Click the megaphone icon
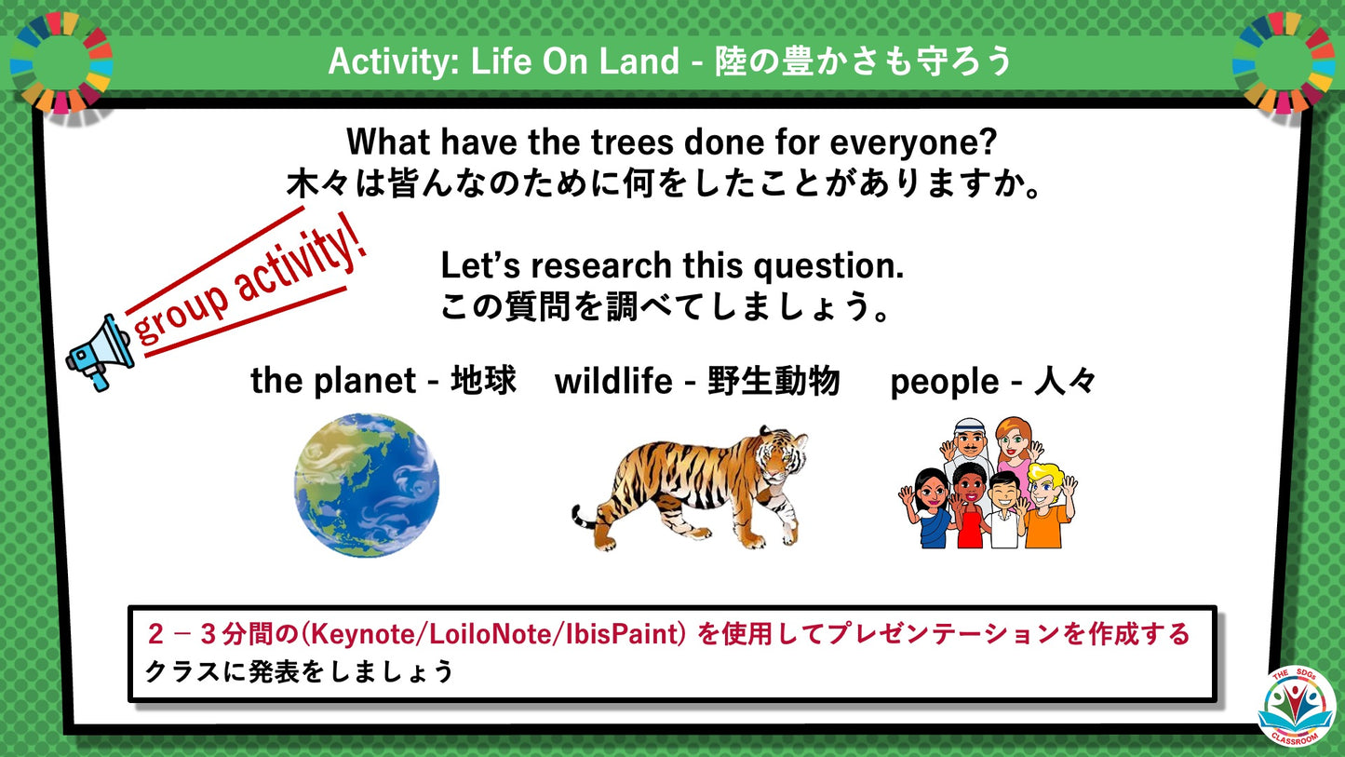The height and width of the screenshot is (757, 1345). tap(100, 352)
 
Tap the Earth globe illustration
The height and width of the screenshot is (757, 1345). tap(367, 485)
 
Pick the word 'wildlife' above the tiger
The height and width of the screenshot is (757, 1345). tap(614, 381)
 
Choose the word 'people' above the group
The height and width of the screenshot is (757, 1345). tap(943, 382)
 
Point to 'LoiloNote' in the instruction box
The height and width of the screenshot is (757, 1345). tap(492, 635)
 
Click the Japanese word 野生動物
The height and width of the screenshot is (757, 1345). tap(773, 381)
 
